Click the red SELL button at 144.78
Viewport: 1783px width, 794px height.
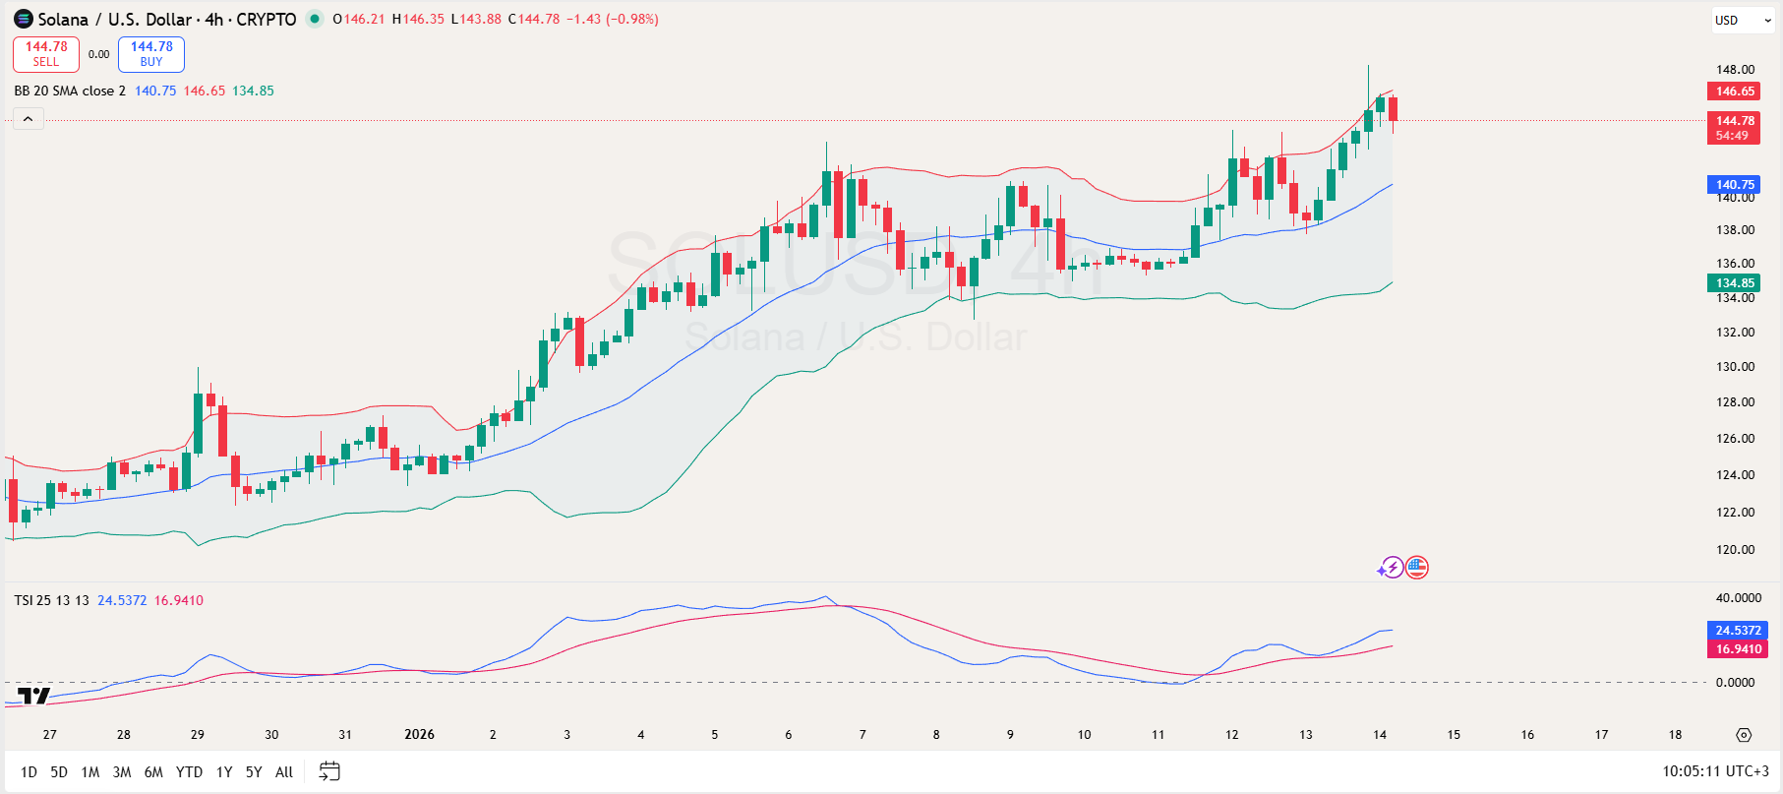[x=46, y=54]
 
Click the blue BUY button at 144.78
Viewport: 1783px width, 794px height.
[x=151, y=54]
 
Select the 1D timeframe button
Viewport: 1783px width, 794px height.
[x=29, y=772]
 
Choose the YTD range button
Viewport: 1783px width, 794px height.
[x=189, y=772]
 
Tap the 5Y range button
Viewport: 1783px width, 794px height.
[x=254, y=772]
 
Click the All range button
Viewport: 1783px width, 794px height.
[x=284, y=772]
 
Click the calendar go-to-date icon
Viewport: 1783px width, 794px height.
[x=329, y=771]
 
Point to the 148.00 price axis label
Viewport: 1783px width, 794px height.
[x=1735, y=70]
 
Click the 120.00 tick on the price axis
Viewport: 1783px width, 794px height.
[x=1735, y=550]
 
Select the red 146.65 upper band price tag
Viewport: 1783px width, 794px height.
[x=1735, y=92]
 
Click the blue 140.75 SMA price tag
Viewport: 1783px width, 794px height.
[x=1735, y=184]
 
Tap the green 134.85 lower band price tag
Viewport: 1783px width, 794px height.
[x=1735, y=283]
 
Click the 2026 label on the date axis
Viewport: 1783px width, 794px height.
[x=419, y=735]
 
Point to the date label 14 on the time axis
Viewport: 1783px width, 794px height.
[x=1380, y=735]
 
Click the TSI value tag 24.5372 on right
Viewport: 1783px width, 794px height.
[x=1738, y=631]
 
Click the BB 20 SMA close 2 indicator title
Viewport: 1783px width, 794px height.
[x=70, y=91]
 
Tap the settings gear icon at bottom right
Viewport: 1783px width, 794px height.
[x=1744, y=735]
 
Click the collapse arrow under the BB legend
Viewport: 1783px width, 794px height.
[x=29, y=119]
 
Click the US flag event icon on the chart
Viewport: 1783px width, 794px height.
[x=1416, y=568]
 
